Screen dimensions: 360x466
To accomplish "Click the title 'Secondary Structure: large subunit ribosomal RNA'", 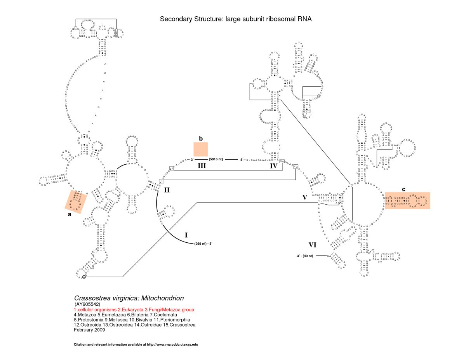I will pos(236,19).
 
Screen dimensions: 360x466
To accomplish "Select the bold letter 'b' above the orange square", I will pos(201,138).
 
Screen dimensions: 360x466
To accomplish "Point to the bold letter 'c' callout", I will pos(403,189).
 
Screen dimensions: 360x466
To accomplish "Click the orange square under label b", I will pos(201,150).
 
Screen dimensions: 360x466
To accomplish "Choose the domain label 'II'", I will pos(167,190).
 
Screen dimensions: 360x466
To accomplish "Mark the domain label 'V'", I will pos(305,197).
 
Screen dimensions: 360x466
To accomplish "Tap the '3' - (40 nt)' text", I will pos(304,256).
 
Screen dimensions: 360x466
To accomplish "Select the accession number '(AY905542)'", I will pos(88,304).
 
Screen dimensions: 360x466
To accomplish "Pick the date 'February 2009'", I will pos(89,330).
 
